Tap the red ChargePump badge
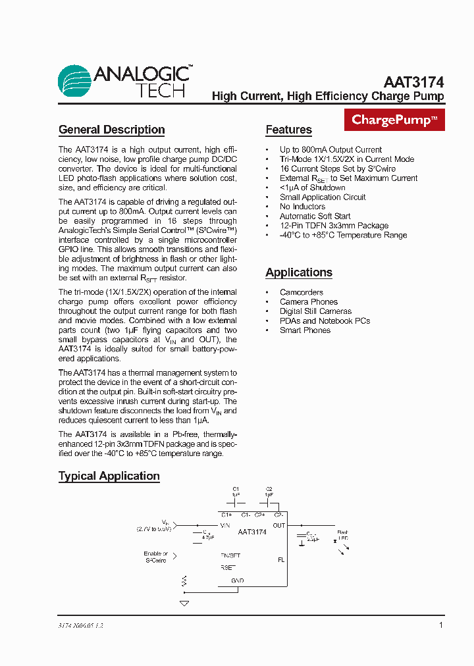coord(394,120)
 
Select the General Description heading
coord(111,130)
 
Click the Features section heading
coord(288,130)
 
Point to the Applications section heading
coord(298,272)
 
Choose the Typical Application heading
coord(109,476)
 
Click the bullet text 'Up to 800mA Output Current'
coord(330,149)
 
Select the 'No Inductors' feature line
coord(302,207)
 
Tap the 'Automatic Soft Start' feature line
coord(315,216)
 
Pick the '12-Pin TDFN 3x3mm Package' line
coord(334,226)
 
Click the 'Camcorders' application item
coord(301,292)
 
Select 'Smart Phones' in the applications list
coord(305,330)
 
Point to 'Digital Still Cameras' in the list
coord(315,311)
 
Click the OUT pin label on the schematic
coord(279,525)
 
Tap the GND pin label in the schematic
coord(237,580)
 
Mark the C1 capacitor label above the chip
coord(236,489)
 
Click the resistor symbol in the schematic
coord(184,581)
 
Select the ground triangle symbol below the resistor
coord(184,603)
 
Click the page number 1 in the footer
coord(440,625)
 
